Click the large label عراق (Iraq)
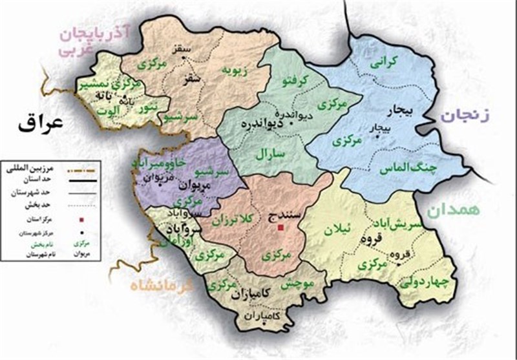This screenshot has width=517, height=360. [x=42, y=123]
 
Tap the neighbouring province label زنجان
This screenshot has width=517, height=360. [x=465, y=116]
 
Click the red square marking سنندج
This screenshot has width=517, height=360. [x=280, y=228]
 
